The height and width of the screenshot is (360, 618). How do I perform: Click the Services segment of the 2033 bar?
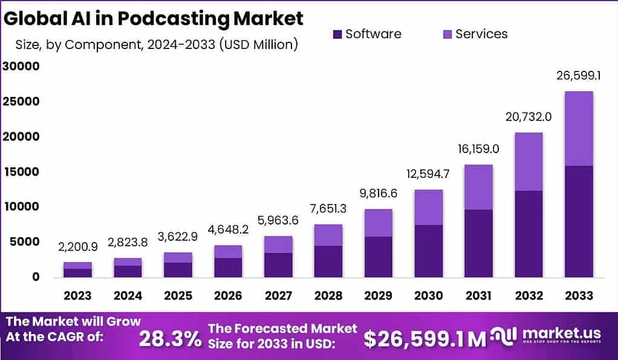coord(579,128)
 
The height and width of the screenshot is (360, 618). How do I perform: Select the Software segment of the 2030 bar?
coord(428,251)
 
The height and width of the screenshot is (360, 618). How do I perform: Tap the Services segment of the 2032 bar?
coord(528,162)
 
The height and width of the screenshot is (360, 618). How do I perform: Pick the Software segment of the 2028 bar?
coord(328,261)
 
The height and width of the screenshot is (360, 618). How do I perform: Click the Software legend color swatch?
coord(337,34)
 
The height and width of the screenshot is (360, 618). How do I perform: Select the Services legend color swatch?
coord(447,34)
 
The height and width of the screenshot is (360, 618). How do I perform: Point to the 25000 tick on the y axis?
coord(21,102)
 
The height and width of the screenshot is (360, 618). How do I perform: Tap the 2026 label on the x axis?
coord(228,296)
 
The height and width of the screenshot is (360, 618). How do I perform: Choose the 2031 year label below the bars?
coord(478,296)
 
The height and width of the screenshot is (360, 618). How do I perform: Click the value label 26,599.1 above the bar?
coord(579,76)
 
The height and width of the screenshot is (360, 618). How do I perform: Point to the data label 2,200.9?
coord(78,247)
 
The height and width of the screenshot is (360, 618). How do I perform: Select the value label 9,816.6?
coord(378,194)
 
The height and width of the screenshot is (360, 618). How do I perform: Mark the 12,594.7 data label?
coord(428,174)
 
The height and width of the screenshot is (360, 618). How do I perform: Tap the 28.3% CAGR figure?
coord(170,339)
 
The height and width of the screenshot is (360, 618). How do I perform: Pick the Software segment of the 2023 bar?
coord(78,273)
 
